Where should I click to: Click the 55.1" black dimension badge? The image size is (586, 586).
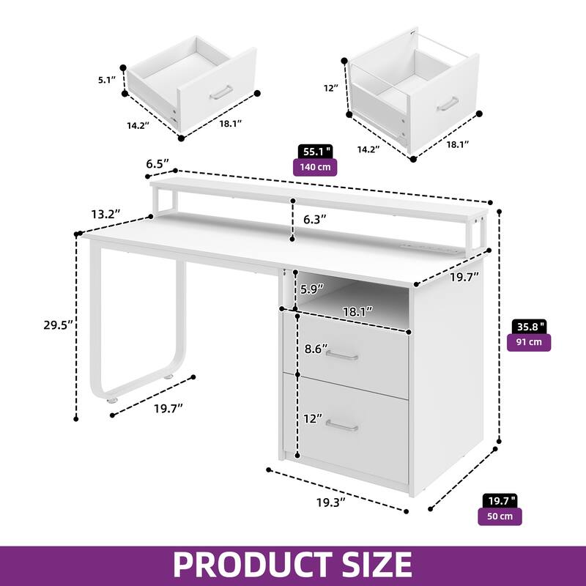point(316,152)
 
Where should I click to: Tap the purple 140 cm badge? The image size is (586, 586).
point(315,167)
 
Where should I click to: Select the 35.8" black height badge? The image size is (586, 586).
point(529,327)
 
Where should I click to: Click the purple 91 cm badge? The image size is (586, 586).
point(529,342)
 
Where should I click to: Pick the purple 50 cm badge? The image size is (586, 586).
point(500,516)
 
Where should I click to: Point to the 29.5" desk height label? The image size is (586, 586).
point(58,325)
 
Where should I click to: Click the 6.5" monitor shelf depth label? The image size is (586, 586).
point(157,163)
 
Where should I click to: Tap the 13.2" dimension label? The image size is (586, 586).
point(105,214)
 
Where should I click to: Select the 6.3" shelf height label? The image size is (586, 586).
point(315,219)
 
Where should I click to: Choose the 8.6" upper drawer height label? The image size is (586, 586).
point(316,349)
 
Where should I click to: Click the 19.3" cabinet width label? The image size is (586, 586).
point(331,502)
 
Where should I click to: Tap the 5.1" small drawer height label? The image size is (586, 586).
point(107,80)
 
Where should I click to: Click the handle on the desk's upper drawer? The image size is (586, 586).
point(342,356)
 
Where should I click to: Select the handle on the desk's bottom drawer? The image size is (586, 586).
point(342,426)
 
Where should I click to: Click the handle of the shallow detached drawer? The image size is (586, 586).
point(221,92)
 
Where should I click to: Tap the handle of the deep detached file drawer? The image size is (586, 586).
point(448,104)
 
